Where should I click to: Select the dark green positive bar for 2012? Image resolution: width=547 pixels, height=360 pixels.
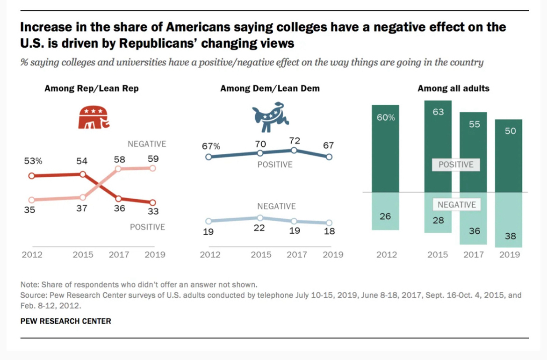pos(386,148)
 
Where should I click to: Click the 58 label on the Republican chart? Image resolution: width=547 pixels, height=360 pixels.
pos(120,159)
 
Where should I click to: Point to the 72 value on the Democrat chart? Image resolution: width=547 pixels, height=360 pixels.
pos(295,141)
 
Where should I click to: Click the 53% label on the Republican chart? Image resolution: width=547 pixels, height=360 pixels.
pos(33,161)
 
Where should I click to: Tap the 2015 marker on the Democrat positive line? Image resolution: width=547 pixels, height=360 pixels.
pos(260,153)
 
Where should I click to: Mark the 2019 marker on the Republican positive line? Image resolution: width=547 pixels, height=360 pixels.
pos(153,202)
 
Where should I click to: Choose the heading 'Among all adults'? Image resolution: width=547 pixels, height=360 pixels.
pos(453,88)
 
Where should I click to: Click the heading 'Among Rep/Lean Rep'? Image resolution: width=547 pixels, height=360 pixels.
pos(92,88)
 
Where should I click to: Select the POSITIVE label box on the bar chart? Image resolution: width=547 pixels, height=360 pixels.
pos(456,165)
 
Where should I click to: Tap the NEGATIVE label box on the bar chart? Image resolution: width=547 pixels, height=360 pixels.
pos(457,205)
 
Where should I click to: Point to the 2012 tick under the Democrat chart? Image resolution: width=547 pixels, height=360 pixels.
pos(209,255)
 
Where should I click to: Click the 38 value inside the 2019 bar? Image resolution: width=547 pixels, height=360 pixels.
pos(511,236)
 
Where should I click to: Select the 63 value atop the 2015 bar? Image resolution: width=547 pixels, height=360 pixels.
pos(438,112)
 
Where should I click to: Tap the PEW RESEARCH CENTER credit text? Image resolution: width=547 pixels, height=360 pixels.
pos(66,321)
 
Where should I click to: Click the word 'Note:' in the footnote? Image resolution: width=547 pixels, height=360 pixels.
pos(30,284)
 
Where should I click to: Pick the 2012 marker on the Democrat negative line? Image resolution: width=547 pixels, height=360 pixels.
pos(209,221)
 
